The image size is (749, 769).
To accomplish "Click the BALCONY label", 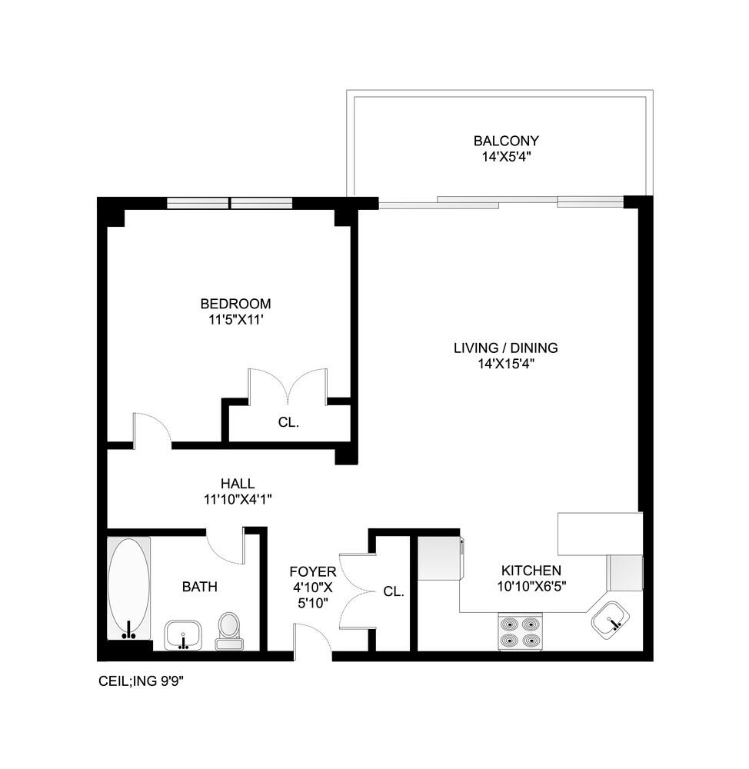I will click(505, 141).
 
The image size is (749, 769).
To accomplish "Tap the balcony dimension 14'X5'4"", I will click(505, 157).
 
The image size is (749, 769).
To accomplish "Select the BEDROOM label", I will click(235, 304).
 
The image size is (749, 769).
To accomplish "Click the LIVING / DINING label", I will click(505, 348).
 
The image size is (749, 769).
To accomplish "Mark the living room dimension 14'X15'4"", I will click(505, 364).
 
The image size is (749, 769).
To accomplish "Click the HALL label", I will click(237, 484).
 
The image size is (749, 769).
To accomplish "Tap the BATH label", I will click(199, 587).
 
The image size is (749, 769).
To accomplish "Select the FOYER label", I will click(312, 571).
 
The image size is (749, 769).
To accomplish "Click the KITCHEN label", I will click(531, 571).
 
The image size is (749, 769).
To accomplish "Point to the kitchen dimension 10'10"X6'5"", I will click(531, 587).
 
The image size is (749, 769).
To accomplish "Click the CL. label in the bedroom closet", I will click(288, 422).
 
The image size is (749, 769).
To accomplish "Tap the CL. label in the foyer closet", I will click(394, 591).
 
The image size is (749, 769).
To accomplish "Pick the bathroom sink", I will click(183, 635).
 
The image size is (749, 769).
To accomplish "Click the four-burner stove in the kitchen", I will click(520, 631).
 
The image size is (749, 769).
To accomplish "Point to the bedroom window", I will click(229, 203).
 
